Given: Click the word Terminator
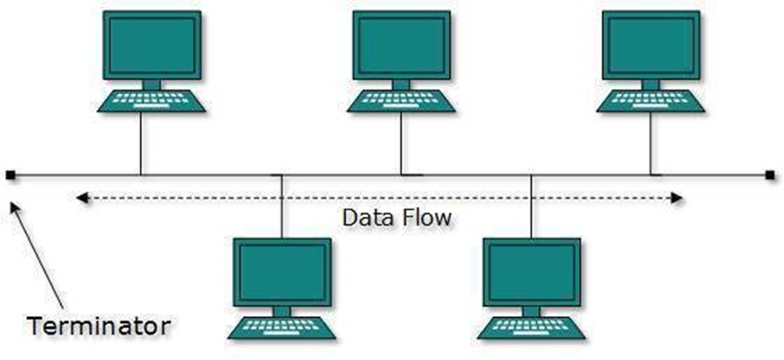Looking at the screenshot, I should click(x=99, y=325).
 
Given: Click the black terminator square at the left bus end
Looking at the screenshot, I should click(x=9, y=174).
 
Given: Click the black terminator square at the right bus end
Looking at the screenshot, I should click(x=770, y=174).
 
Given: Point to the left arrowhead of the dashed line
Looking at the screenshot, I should click(x=81, y=196).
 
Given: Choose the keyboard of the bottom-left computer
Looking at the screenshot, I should click(x=281, y=328).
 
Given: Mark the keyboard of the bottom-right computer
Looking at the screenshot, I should click(x=530, y=328).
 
